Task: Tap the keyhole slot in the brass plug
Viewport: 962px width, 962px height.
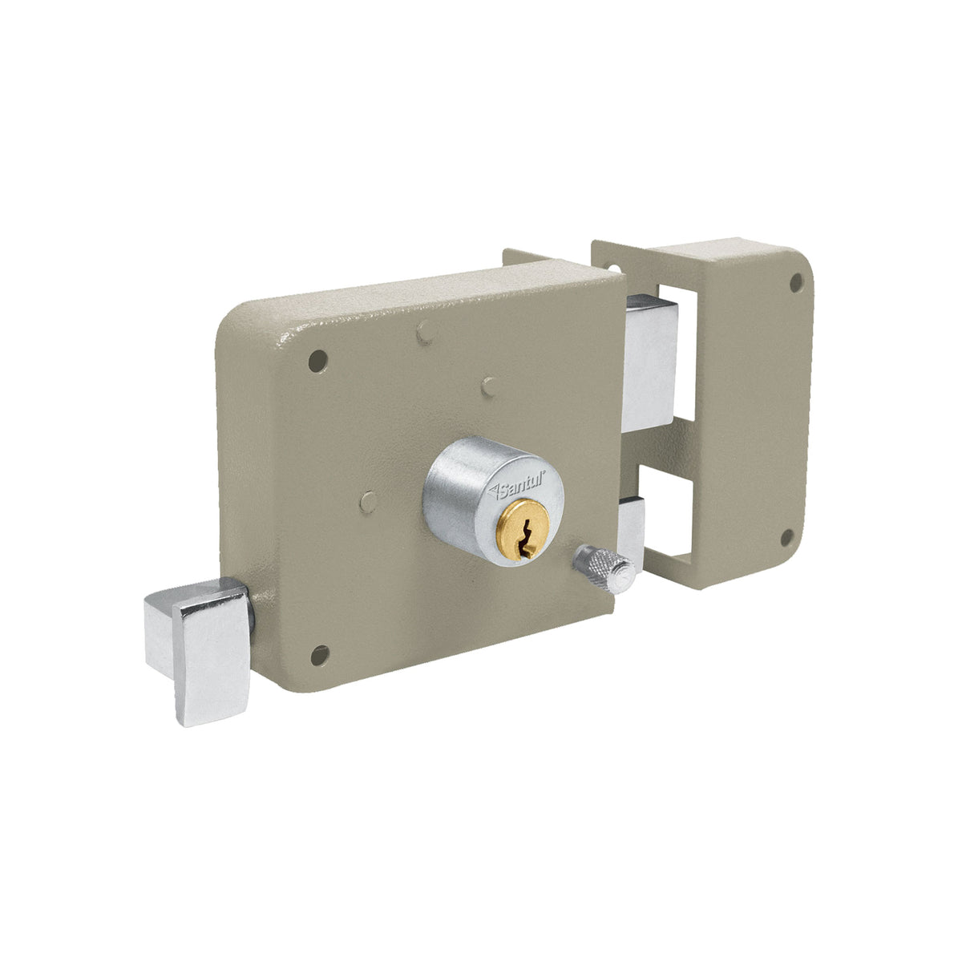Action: pyautogui.click(x=524, y=537)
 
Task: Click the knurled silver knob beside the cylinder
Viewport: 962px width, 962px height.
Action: pyautogui.click(x=605, y=569)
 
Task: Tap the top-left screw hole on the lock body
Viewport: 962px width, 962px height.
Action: pyautogui.click(x=317, y=361)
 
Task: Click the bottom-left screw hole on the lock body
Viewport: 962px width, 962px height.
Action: pyautogui.click(x=320, y=656)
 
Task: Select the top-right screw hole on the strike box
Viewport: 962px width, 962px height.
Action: pyautogui.click(x=796, y=283)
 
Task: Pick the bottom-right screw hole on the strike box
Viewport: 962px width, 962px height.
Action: pyautogui.click(x=786, y=538)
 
